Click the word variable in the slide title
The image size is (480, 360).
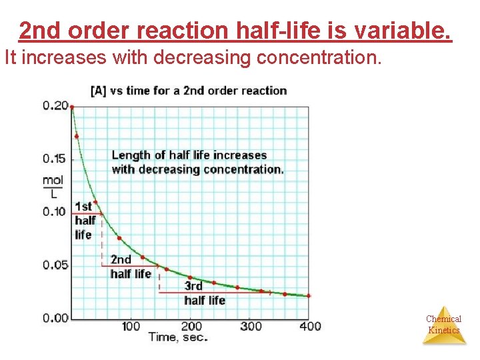408,31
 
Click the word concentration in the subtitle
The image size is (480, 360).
319,58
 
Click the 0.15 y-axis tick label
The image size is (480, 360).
55,159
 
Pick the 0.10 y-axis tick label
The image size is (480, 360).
55,212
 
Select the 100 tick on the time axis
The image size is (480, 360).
131,326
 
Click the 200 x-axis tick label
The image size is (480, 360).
191,326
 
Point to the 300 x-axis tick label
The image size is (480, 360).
251,326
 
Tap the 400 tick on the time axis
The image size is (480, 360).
310,326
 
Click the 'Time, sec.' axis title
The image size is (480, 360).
178,337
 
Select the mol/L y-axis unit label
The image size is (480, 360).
53,186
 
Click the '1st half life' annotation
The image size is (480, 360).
85,221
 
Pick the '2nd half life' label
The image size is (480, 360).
130,267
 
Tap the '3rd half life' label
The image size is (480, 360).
204,293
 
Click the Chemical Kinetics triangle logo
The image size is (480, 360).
444,325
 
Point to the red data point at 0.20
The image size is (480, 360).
72,107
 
